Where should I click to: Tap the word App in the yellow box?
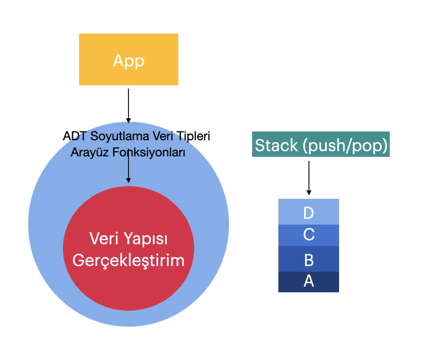point(128,61)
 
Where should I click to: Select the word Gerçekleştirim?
point(128,261)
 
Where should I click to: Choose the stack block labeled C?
point(309,235)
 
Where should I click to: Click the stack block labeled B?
point(309,259)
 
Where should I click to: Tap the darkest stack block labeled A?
point(309,282)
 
